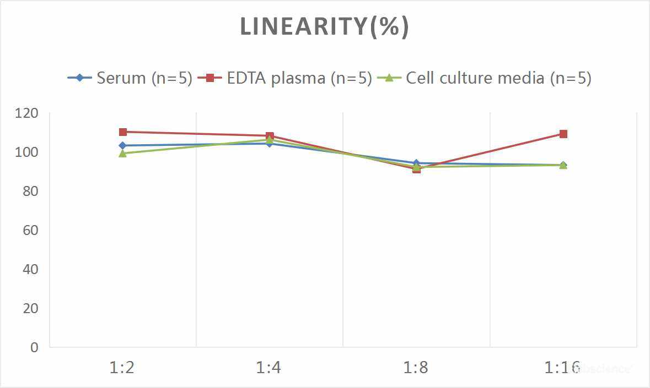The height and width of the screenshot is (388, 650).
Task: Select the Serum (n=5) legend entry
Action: pyautogui.click(x=130, y=78)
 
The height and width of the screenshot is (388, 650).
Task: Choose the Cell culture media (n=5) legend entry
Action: pyautogui.click(x=485, y=78)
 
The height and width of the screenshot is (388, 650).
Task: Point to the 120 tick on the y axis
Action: pyautogui.click(x=27, y=113)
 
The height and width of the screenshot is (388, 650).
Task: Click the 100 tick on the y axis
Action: pyautogui.click(x=27, y=152)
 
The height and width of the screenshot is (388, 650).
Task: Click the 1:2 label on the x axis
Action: pyautogui.click(x=122, y=368)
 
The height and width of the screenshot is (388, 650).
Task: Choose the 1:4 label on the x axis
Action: pyautogui.click(x=269, y=368)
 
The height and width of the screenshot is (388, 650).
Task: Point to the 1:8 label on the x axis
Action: pyautogui.click(x=416, y=368)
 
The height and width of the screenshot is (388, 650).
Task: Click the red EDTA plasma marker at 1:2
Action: pyautogui.click(x=123, y=132)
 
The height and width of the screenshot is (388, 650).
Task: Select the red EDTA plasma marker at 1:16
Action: pyautogui.click(x=563, y=134)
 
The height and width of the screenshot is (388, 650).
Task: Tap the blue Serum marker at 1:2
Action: pyautogui.click(x=123, y=146)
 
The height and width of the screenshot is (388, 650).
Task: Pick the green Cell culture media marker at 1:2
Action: pyautogui.click(x=123, y=154)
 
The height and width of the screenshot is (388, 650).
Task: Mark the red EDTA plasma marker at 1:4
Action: pyautogui.click(x=270, y=136)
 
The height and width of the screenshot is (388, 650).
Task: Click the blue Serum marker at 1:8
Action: pyautogui.click(x=416, y=163)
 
